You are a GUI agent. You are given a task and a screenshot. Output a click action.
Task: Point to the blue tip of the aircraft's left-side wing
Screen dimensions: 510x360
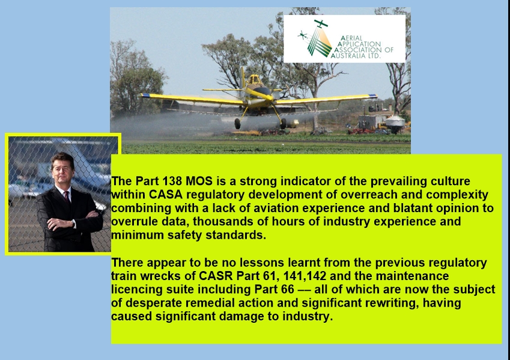145,96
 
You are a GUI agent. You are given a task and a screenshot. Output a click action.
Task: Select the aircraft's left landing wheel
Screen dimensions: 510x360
237,123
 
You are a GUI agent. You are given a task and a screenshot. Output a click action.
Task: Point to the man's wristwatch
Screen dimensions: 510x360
73,224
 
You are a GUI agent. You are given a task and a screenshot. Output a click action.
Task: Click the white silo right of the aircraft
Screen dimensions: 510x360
395,123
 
